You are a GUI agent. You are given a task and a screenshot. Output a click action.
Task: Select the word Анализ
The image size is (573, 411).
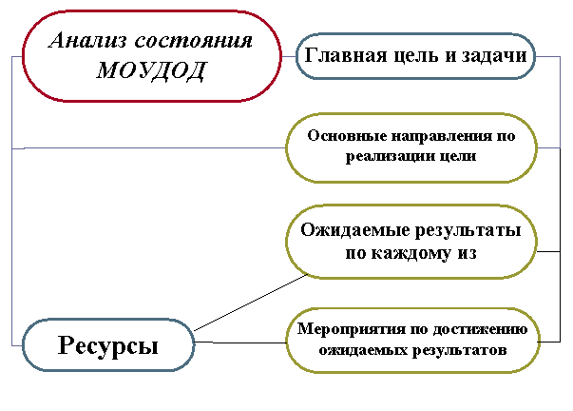point(88,40)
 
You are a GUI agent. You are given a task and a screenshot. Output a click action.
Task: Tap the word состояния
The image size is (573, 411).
point(194,40)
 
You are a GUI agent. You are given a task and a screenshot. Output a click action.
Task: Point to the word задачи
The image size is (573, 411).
point(494,56)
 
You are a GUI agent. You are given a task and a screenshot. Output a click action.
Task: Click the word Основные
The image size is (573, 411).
point(347,135)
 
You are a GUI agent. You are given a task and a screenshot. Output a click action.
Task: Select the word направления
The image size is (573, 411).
point(442,136)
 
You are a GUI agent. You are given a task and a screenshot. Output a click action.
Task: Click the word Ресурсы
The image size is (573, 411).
point(108,345)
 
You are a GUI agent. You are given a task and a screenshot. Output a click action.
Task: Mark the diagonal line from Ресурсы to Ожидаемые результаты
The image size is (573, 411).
point(251,303)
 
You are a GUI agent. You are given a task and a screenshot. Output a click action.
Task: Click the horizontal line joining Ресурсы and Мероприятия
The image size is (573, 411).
point(240,342)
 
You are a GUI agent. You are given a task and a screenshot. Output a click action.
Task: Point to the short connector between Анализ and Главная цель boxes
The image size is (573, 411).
point(289,56)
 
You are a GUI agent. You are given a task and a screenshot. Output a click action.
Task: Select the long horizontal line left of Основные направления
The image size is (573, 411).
point(149,148)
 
